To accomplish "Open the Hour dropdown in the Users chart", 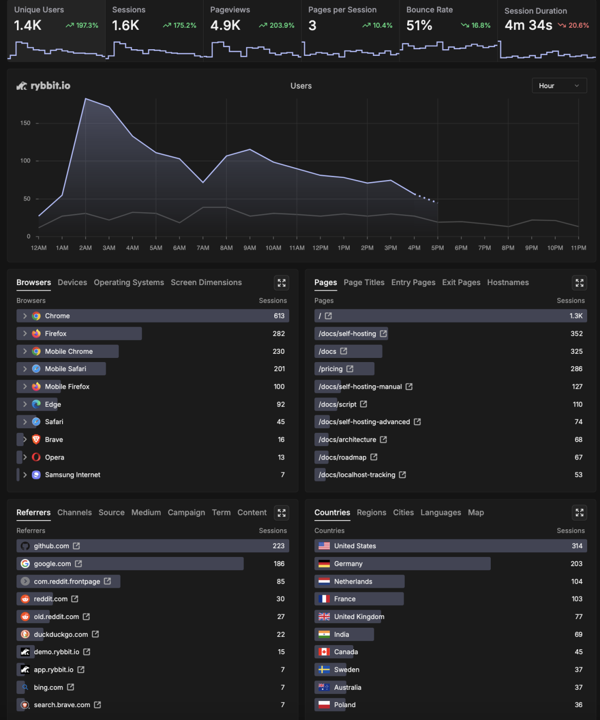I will click(x=559, y=86).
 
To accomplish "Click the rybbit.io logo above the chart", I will click(x=44, y=86).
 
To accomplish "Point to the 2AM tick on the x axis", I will click(x=86, y=248).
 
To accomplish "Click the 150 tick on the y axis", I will click(x=25, y=123).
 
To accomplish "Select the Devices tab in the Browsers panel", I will click(x=72, y=283).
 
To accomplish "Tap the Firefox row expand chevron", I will click(x=25, y=334).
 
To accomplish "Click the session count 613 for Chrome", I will click(x=279, y=316).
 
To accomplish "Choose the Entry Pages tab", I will click(x=413, y=283).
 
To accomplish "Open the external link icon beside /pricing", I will click(x=350, y=369).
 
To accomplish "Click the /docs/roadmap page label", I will click(x=343, y=457).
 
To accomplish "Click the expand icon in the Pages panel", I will click(x=579, y=283).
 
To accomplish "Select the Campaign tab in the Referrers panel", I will click(x=186, y=513).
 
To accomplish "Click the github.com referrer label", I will click(x=51, y=546).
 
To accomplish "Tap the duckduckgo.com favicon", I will click(x=25, y=634).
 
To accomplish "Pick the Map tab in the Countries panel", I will click(x=475, y=513).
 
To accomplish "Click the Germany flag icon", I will click(x=324, y=564).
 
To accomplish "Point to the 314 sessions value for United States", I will click(x=577, y=546).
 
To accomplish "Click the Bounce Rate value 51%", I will click(x=419, y=26).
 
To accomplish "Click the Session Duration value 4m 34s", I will click(x=528, y=26).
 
